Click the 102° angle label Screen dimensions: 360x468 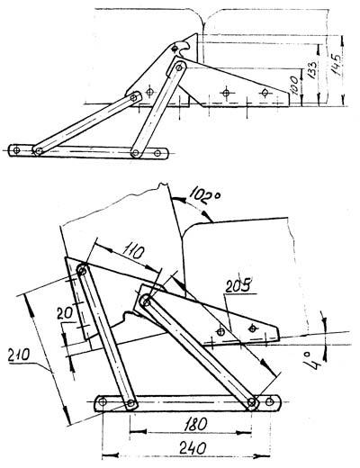[x=206, y=196]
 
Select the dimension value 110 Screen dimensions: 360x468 [x=131, y=251]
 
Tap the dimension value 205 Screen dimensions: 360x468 [x=239, y=286]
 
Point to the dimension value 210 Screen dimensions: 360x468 [x=19, y=355]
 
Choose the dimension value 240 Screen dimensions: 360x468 [x=193, y=448]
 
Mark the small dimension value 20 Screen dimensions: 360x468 [x=65, y=313]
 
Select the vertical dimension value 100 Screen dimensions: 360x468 [x=294, y=85]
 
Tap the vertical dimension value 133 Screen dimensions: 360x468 [x=312, y=70]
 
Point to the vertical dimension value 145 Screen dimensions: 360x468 [x=336, y=65]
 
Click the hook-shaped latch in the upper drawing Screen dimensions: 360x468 [x=181, y=48]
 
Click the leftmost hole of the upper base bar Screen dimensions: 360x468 [x=16, y=150]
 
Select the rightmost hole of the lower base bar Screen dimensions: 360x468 [x=270, y=400]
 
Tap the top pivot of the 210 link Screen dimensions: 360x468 [x=82, y=269]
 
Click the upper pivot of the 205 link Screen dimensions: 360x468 [x=146, y=301]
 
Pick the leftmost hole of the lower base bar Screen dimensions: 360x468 [x=103, y=401]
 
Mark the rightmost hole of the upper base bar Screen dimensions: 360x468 [x=157, y=153]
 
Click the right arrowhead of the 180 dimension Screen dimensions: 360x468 [x=244, y=432]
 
